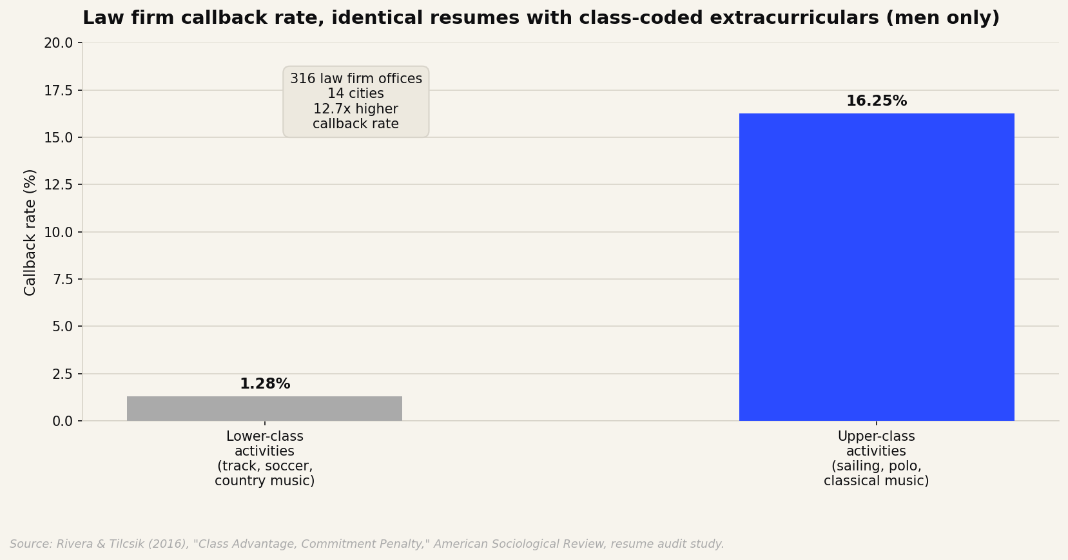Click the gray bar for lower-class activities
pyautogui.click(x=265, y=409)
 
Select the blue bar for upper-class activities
pyautogui.click(x=877, y=267)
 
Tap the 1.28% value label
pyautogui.click(x=265, y=383)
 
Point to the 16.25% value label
pyautogui.click(x=877, y=101)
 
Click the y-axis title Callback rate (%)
pyautogui.click(x=30, y=232)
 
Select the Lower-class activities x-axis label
pyautogui.click(x=265, y=458)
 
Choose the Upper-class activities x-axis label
pyautogui.click(x=877, y=458)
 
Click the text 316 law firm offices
pyautogui.click(x=356, y=79)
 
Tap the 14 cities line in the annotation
pyautogui.click(x=356, y=93)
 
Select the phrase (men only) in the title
pyautogui.click(x=942, y=18)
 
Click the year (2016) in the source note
pyautogui.click(x=168, y=545)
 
